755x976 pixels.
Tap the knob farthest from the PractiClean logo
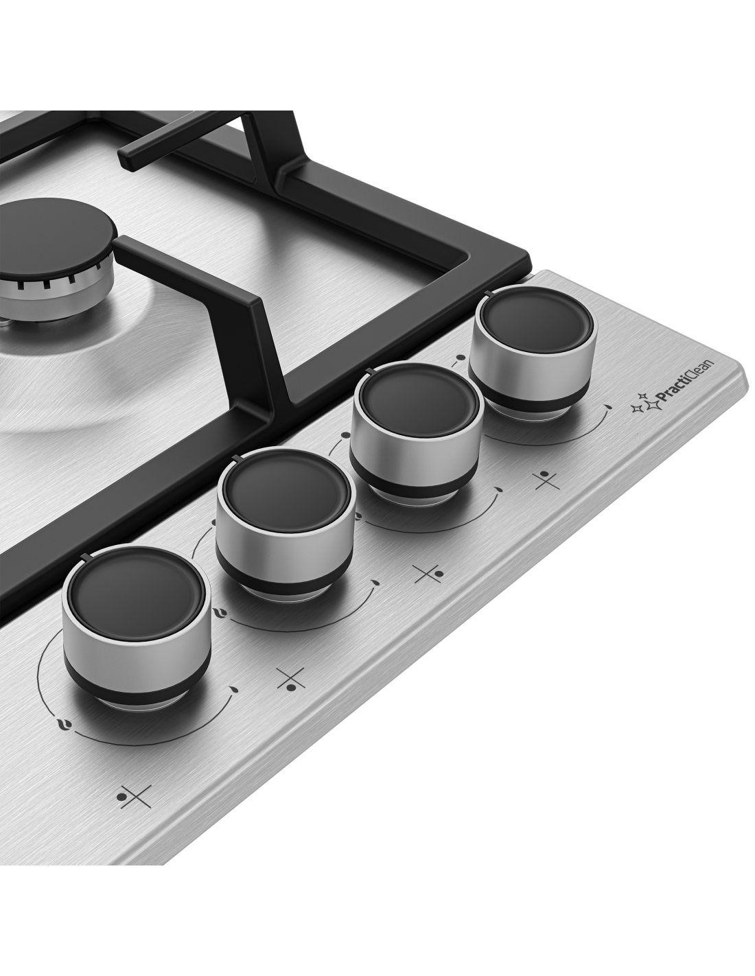136,631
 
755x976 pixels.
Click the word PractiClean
684,382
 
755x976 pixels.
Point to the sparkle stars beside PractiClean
642,402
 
